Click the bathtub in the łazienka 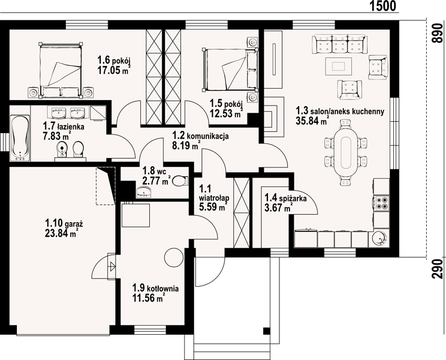click(20, 138)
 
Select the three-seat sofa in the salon click(340, 44)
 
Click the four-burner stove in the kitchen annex click(382, 203)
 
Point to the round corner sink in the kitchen click(379, 239)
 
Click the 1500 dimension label click(382, 6)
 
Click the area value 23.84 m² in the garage click(61, 233)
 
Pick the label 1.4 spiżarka click(285, 197)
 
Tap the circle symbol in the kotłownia click(173, 257)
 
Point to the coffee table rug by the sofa click(339, 67)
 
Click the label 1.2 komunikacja click(201, 136)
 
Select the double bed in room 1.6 click(61, 71)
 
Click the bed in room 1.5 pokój click(230, 70)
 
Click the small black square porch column click(267, 331)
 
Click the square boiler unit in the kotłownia click(136, 215)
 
